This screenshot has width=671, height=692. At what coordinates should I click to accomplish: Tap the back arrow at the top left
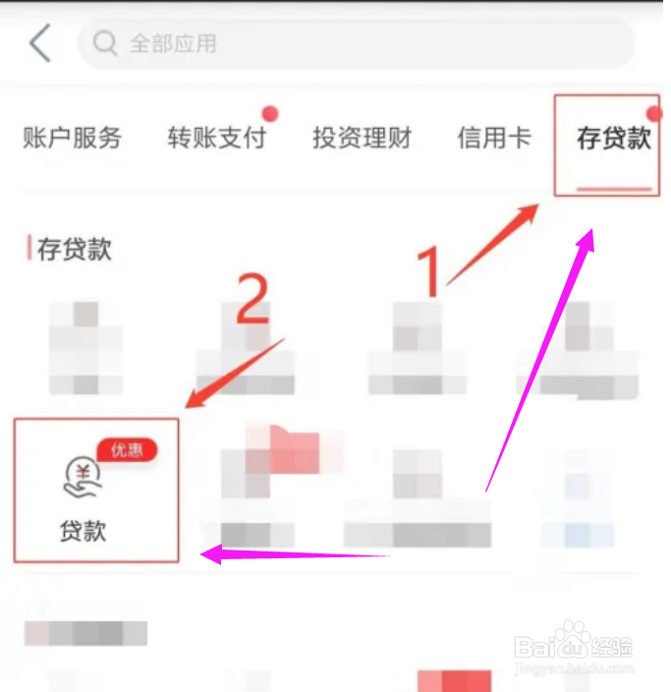pyautogui.click(x=39, y=44)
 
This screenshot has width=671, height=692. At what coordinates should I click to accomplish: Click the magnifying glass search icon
pyautogui.click(x=104, y=43)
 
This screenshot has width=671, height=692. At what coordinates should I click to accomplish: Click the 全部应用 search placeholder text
pyautogui.click(x=174, y=44)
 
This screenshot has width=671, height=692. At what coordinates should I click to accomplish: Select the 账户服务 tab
pyautogui.click(x=72, y=138)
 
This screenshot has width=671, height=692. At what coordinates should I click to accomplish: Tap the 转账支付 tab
pyautogui.click(x=216, y=138)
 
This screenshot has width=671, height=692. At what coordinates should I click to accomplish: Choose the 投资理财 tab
pyautogui.click(x=362, y=138)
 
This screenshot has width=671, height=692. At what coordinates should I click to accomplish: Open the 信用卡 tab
pyautogui.click(x=493, y=138)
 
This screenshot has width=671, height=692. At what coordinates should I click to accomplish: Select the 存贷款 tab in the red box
pyautogui.click(x=613, y=138)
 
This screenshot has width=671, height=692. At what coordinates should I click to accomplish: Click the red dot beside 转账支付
pyautogui.click(x=269, y=113)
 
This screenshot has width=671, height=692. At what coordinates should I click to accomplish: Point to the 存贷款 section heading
pyautogui.click(x=75, y=249)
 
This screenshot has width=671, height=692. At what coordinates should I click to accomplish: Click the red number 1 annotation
pyautogui.click(x=429, y=271)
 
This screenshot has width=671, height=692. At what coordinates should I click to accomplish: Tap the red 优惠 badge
pyautogui.click(x=126, y=450)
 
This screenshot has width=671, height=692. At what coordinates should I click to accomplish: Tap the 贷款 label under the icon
pyautogui.click(x=83, y=532)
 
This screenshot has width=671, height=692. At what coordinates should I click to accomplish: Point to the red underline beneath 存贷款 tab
pyautogui.click(x=614, y=188)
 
